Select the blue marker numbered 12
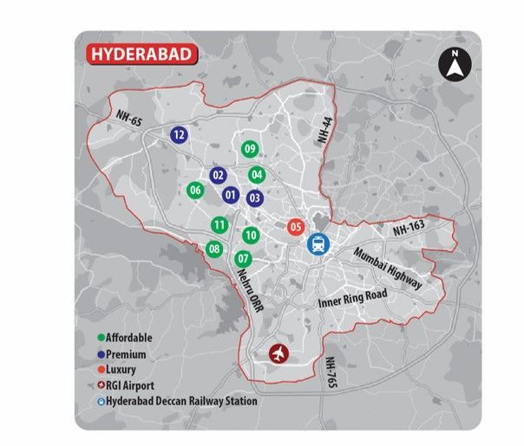(179, 134)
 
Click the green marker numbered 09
(250, 150)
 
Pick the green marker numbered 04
(256, 174)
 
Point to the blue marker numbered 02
(218, 176)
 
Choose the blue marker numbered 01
(231, 196)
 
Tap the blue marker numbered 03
(254, 197)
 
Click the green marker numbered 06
(195, 191)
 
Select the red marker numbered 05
(295, 228)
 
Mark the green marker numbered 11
(219, 226)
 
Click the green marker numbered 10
(250, 235)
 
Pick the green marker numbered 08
(214, 250)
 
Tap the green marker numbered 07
(243, 258)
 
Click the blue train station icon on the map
(318, 244)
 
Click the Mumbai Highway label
(388, 268)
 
